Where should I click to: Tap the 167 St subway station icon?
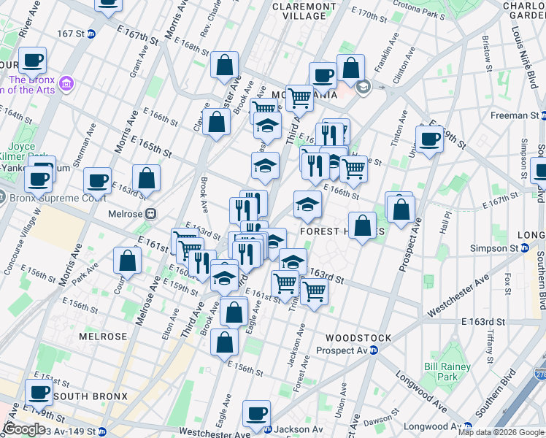tap(91, 34)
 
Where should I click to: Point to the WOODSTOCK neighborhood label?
tap(358, 338)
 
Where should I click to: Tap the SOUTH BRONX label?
tap(91, 396)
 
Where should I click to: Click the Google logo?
tap(23, 429)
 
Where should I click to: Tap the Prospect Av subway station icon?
tap(373, 350)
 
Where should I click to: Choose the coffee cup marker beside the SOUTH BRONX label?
tap(39, 392)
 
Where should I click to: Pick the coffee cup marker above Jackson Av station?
tap(256, 412)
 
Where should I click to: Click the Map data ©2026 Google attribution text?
tap(501, 432)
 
